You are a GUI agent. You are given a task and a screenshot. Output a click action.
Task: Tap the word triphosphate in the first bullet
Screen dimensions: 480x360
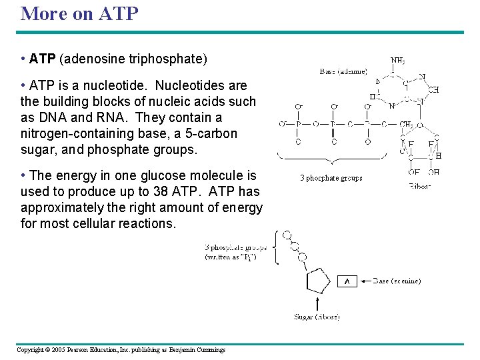(x=166, y=59)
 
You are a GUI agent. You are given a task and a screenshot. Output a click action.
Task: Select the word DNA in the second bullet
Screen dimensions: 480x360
(x=59, y=117)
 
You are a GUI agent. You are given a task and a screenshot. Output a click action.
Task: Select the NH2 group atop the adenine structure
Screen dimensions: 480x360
(x=397, y=61)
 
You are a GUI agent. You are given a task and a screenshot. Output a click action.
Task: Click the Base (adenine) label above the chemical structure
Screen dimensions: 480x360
(x=343, y=71)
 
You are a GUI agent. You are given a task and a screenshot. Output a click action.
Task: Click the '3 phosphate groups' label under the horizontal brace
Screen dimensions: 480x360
(x=331, y=178)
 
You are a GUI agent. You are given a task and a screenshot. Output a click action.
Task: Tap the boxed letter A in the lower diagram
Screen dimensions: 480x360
(x=347, y=281)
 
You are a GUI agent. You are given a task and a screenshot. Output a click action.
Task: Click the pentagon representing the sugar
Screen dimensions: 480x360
(x=317, y=281)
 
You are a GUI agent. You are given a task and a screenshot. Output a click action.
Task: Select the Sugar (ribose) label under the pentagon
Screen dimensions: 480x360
(x=317, y=317)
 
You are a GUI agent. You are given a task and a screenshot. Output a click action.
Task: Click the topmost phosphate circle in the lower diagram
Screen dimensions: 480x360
(x=287, y=235)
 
